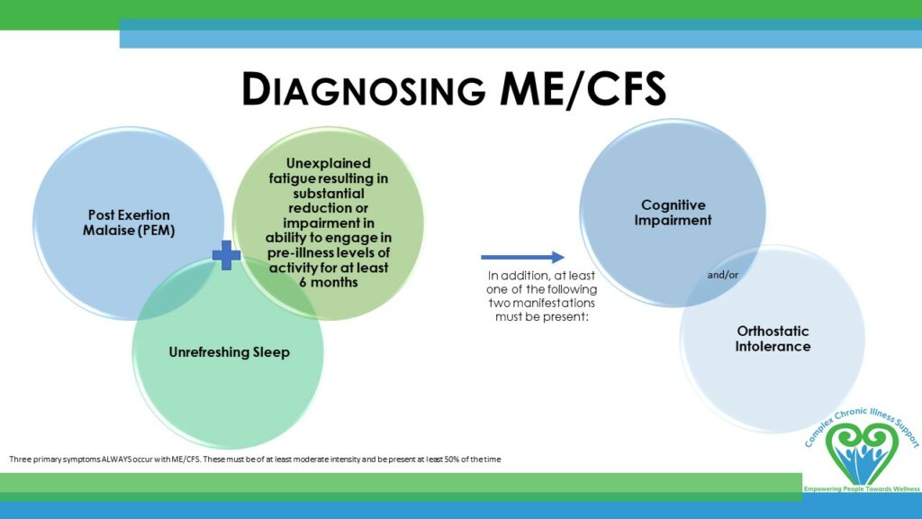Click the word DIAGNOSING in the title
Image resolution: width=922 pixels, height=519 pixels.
click(364, 89)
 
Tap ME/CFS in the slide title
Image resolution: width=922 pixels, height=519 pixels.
click(583, 89)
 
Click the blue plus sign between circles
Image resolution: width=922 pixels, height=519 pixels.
click(226, 255)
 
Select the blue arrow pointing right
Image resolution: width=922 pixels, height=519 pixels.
click(523, 257)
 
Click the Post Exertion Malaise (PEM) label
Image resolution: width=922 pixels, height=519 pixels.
click(129, 223)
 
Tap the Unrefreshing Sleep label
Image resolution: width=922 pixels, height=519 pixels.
click(230, 352)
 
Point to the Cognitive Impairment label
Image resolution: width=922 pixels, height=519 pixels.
click(673, 213)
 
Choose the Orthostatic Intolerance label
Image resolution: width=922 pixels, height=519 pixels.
click(773, 339)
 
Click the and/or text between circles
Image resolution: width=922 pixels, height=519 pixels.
click(723, 275)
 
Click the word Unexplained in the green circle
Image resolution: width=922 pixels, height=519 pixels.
click(328, 164)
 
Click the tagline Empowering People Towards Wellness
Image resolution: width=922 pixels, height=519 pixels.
click(862, 489)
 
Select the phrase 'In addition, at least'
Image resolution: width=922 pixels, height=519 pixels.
click(541, 276)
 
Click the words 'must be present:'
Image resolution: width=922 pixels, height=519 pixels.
click(541, 316)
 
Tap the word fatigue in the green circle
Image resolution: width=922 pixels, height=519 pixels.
click(292, 178)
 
